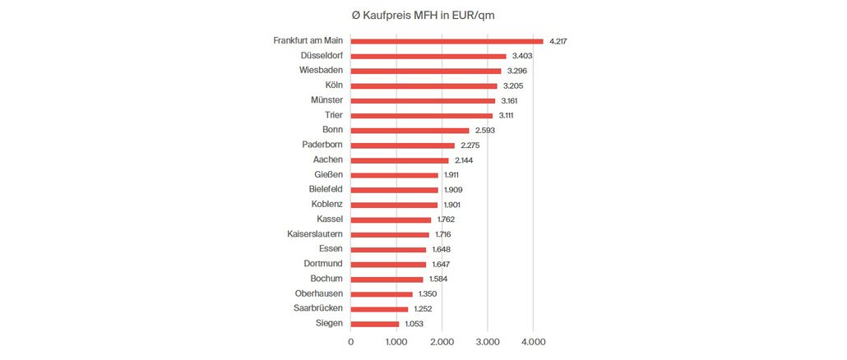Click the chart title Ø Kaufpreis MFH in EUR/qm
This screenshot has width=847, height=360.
[x=423, y=15]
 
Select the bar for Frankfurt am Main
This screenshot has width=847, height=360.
[x=447, y=40]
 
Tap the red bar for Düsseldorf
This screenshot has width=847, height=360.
[x=428, y=56]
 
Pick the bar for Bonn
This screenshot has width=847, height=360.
[x=410, y=130]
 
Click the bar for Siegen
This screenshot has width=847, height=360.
[x=374, y=324]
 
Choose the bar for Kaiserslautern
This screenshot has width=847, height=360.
[x=390, y=234]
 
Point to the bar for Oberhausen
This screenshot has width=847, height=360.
[x=382, y=294]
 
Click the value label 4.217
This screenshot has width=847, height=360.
[x=559, y=40]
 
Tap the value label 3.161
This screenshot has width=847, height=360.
[x=511, y=100]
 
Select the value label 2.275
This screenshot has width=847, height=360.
[x=470, y=145]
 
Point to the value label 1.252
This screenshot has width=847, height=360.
[x=423, y=309]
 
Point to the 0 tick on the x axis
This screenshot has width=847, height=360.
[x=351, y=342]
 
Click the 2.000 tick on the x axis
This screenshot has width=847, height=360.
[x=442, y=342]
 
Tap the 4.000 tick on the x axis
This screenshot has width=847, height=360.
[x=533, y=342]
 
